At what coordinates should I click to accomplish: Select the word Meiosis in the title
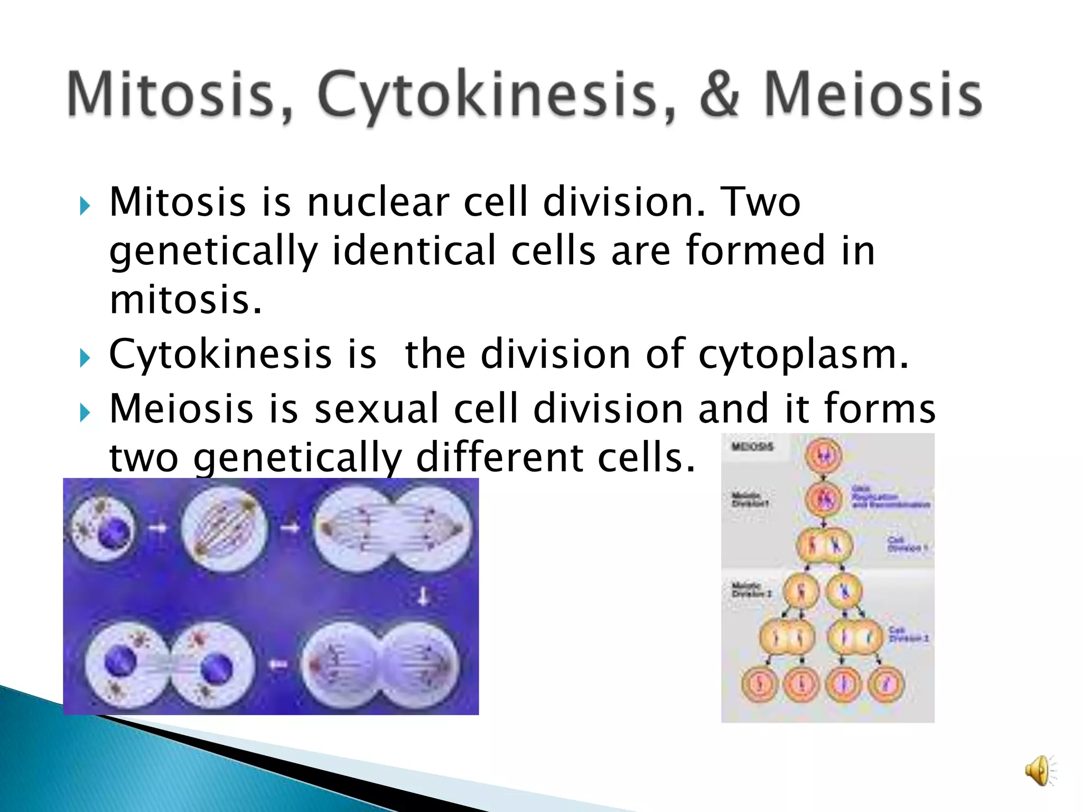[873, 95]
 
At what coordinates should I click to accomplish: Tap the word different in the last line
[500, 457]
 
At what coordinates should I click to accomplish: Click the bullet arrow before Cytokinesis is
[85, 358]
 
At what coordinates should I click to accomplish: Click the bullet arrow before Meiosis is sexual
[85, 413]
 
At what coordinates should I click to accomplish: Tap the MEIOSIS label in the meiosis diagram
[752, 447]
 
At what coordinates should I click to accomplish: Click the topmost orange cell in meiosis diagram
[823, 455]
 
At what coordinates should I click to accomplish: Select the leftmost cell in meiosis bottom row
[760, 684]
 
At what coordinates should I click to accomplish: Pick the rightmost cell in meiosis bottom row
[887, 684]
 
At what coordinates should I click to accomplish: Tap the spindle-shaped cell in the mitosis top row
[225, 529]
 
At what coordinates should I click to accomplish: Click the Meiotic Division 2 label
[751, 590]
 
